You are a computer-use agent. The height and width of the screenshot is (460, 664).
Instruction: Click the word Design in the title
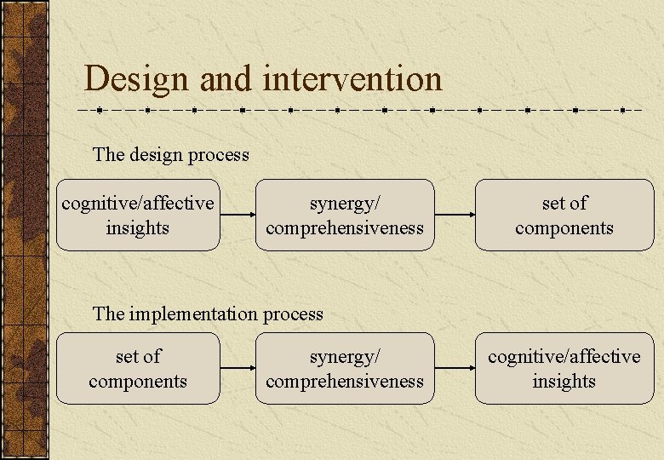point(138,79)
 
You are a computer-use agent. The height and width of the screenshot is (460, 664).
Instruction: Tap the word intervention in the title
point(352,79)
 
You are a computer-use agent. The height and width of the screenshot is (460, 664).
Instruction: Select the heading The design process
point(170,154)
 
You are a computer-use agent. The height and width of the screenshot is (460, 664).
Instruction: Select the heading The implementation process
point(208,313)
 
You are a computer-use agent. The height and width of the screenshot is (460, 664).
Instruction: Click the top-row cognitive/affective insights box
point(138,216)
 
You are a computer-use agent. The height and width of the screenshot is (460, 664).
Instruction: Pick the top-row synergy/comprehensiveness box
point(344,216)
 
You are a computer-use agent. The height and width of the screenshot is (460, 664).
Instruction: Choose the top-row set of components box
point(564,216)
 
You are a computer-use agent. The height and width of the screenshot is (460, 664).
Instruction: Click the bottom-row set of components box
point(138,368)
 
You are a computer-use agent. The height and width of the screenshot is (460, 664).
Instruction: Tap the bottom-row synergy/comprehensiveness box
point(344,368)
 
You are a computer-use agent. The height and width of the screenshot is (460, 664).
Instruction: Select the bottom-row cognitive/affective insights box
point(564,368)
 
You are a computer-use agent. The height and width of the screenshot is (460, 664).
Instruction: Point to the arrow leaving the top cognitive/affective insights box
point(238,216)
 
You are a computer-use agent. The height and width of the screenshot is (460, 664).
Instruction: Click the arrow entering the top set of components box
point(454,216)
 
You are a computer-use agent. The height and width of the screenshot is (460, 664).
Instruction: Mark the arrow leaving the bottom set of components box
point(238,368)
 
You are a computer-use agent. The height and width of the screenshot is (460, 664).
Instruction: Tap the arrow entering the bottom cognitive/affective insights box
point(454,368)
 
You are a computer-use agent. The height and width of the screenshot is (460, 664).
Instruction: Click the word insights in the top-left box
point(138,228)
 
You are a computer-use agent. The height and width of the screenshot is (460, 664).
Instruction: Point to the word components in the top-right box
point(564,228)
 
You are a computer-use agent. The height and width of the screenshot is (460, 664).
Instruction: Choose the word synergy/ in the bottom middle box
point(344,356)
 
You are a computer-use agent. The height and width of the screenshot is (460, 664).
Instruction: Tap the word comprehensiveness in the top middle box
point(344,228)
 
